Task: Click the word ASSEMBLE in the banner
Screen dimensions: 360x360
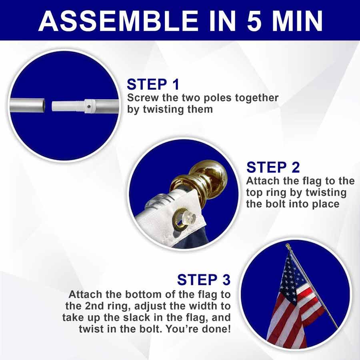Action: pos(118,21)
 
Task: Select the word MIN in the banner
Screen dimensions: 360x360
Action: pos(297,21)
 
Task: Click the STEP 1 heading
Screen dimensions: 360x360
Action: pos(153,84)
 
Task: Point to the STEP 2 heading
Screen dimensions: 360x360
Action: pos(273,167)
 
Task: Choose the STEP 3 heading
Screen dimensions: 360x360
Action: pos(204,280)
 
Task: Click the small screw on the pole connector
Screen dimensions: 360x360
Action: pos(89,106)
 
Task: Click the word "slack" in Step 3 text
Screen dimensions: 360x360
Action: pos(137,318)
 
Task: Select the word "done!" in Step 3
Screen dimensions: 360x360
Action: pos(216,329)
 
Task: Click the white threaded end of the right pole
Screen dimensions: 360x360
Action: pos(68,106)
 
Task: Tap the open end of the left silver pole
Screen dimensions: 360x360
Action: pos(44,105)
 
